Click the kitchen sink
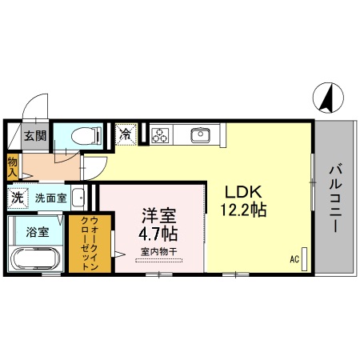(x=199, y=134)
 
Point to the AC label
(x=294, y=258)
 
